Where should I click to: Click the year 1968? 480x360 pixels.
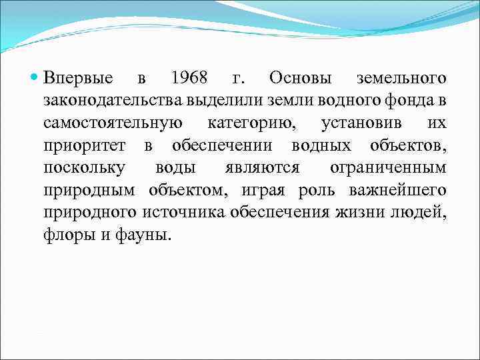click(189, 79)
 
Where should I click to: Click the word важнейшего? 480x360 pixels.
click(397, 191)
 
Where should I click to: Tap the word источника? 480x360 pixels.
click(183, 213)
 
